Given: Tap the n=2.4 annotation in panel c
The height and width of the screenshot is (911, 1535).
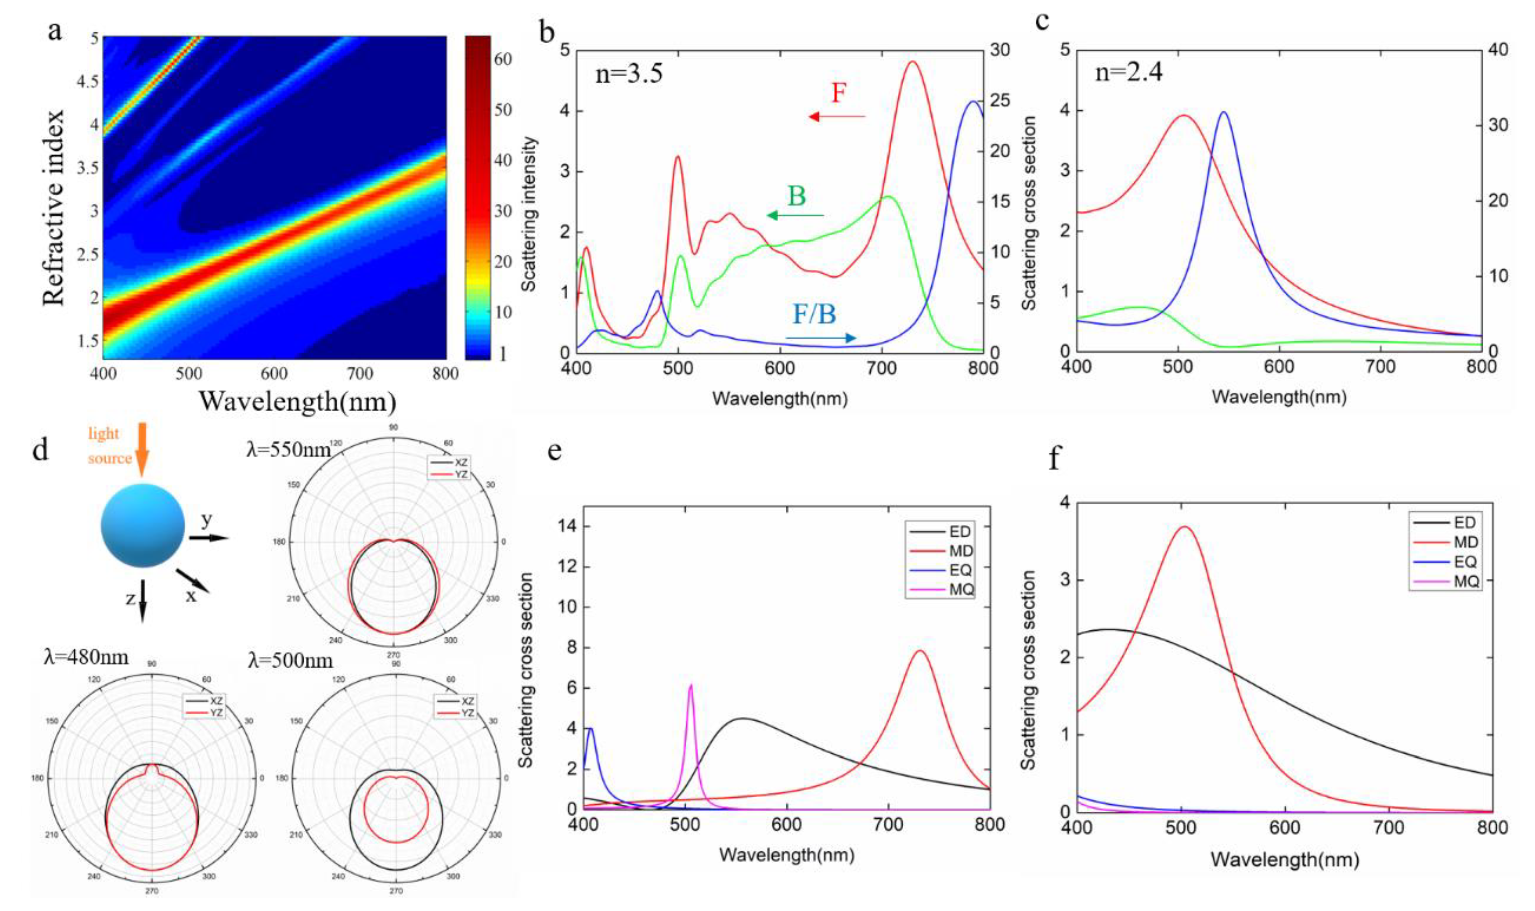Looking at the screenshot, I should click(1129, 73).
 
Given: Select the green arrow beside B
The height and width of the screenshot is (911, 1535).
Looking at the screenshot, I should click(795, 215).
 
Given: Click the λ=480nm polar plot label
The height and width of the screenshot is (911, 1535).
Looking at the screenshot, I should click(86, 658).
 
